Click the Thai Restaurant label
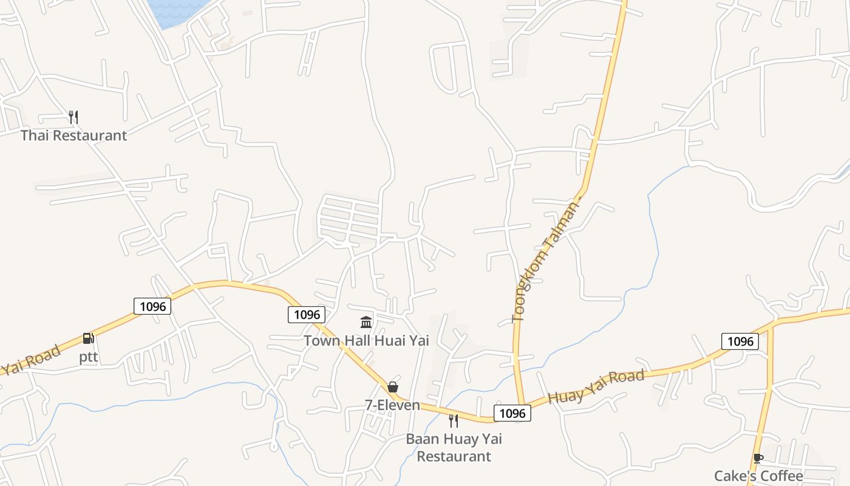coord(74,135)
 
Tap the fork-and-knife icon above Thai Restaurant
coord(73,117)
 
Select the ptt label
coord(89,357)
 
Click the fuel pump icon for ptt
coord(89,339)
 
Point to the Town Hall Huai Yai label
coord(366,340)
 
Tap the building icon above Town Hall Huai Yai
coord(366,322)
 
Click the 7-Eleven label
coord(392,405)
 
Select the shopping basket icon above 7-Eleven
coord(393,387)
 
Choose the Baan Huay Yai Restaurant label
coord(454,447)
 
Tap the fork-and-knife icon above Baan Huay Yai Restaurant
coord(454,420)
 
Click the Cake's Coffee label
coord(758,476)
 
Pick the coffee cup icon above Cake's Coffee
coord(758,458)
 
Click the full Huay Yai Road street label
coord(596,387)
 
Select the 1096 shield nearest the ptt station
coord(152,306)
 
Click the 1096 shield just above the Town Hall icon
coord(307,314)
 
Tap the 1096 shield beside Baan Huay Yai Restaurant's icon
coord(512,414)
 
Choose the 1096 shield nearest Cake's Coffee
coord(740,341)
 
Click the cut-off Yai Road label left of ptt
coord(30,360)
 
